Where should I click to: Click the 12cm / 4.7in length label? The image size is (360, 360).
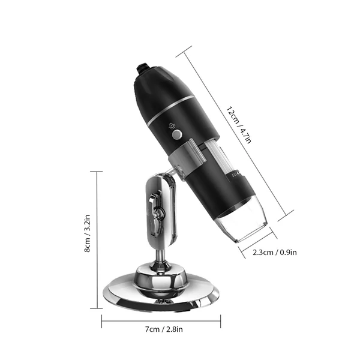[239, 125]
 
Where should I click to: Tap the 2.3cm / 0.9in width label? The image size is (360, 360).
[275, 253]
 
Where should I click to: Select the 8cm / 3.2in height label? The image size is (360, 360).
[87, 233]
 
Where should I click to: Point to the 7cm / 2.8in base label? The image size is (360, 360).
[164, 329]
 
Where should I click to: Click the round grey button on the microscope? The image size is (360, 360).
[177, 134]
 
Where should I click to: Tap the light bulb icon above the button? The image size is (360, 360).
[172, 126]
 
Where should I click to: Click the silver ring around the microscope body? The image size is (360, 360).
[171, 110]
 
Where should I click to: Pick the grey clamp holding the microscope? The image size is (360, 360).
[187, 156]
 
